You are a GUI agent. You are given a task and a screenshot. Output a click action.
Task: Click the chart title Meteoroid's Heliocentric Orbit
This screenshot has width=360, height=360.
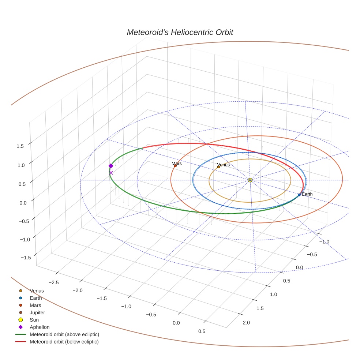[180, 32]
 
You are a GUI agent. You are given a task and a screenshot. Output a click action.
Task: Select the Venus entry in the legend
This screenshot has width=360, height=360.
[37, 290]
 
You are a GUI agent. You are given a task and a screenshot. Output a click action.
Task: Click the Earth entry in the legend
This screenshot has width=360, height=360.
[36, 298]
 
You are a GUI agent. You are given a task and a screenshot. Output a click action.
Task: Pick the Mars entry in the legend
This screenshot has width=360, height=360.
[35, 305]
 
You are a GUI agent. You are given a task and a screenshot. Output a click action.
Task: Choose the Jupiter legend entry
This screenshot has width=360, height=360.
[37, 312]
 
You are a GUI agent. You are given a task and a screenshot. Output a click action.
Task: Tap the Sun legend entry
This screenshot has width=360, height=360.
[34, 320]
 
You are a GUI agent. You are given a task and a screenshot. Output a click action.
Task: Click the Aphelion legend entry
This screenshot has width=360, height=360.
[40, 327]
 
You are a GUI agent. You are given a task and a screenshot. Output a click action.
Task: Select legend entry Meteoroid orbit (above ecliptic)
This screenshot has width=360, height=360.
[64, 334]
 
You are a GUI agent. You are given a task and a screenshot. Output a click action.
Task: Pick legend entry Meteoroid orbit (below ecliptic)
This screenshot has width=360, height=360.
[64, 342]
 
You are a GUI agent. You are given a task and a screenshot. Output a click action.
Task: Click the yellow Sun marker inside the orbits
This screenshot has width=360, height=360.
[250, 180]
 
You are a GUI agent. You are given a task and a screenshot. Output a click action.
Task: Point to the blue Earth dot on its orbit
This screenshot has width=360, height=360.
[299, 195]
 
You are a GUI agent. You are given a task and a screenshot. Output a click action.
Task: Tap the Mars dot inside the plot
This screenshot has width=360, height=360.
[175, 166]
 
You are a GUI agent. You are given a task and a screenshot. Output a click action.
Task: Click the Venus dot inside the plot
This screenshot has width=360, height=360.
[219, 167]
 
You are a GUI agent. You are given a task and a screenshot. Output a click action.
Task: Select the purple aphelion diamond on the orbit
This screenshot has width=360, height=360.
[111, 166]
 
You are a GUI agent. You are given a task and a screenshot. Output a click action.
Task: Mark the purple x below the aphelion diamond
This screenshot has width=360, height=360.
[111, 173]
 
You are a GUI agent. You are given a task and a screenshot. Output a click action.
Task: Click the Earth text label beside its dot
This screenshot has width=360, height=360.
[307, 194]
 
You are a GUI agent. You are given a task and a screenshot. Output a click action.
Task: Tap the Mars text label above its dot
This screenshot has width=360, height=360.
[177, 164]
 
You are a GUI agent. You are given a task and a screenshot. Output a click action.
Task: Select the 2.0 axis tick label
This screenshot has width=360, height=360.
[246, 322]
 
